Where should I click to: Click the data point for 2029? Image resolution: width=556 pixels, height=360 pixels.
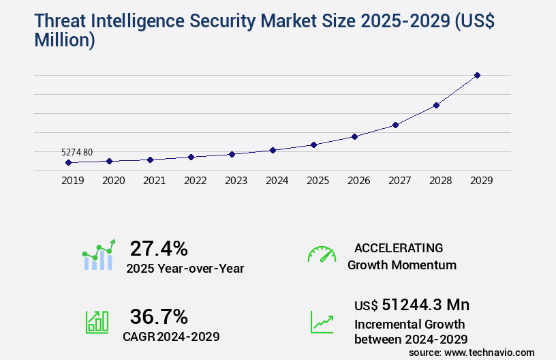(x=477, y=75)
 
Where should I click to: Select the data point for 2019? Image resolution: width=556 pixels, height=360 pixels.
(x=68, y=163)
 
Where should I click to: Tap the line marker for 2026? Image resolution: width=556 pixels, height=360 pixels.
(x=354, y=136)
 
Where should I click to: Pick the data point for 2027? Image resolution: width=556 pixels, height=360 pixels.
(x=395, y=125)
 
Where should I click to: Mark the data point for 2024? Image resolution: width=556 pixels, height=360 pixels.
(x=273, y=150)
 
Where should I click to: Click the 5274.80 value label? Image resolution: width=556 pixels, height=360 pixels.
(x=77, y=152)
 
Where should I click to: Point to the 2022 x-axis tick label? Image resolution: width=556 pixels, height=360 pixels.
(x=195, y=181)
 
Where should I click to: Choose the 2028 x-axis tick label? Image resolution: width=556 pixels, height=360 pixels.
(x=440, y=181)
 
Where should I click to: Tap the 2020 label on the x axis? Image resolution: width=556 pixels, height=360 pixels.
(x=113, y=181)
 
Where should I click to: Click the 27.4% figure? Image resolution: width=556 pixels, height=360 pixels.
(x=159, y=248)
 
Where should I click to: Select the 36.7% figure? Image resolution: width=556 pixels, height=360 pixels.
(x=159, y=316)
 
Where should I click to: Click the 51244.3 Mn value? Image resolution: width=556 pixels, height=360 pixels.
(x=425, y=305)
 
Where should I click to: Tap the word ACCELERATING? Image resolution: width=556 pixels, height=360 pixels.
(x=399, y=247)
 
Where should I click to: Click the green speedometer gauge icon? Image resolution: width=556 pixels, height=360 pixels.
(x=322, y=254)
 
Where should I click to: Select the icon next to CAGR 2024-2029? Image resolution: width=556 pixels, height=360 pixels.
(x=97, y=322)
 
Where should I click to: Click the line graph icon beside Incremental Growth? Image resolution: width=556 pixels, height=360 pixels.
(x=322, y=322)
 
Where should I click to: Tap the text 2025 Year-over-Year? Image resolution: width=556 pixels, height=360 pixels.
(x=185, y=269)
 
